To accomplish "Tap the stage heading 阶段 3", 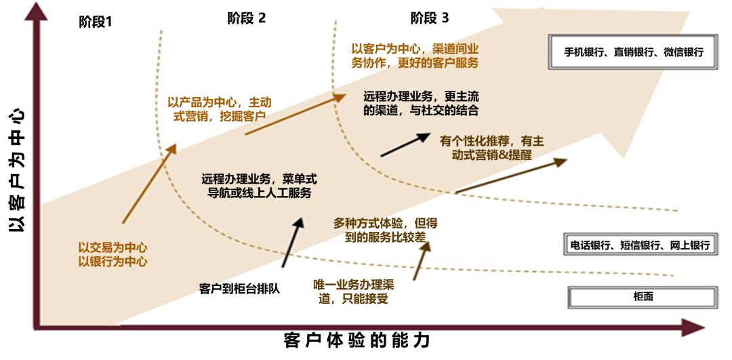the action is pos(429,18).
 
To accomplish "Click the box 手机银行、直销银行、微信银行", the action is pos(634,52).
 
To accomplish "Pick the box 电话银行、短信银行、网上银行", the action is pos(639,245).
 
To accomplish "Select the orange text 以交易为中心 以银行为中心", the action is pos(113,254).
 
